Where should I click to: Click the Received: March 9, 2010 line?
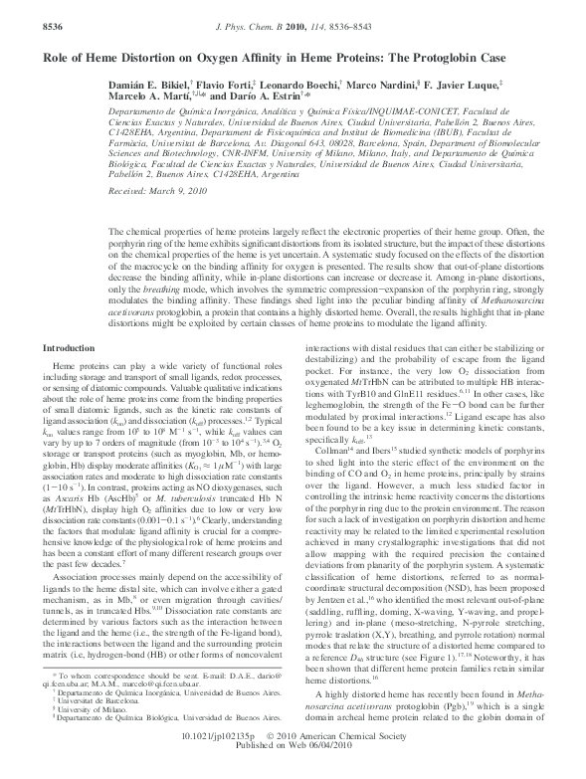159,188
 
